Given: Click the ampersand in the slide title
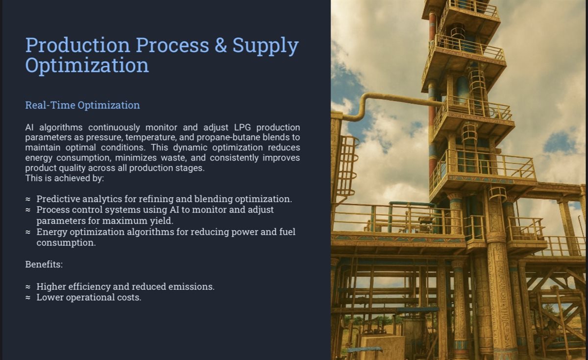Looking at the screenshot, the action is click(220, 45).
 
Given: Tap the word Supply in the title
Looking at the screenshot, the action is click(266, 46).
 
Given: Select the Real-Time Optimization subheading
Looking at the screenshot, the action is click(82, 105).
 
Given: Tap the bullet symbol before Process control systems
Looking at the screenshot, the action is click(28, 210).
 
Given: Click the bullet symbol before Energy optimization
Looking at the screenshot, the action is click(28, 232).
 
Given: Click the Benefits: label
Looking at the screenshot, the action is click(44, 264).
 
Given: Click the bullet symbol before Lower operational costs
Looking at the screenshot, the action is click(28, 298).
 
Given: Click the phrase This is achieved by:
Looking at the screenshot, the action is click(65, 178).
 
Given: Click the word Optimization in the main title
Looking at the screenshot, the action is click(87, 66).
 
